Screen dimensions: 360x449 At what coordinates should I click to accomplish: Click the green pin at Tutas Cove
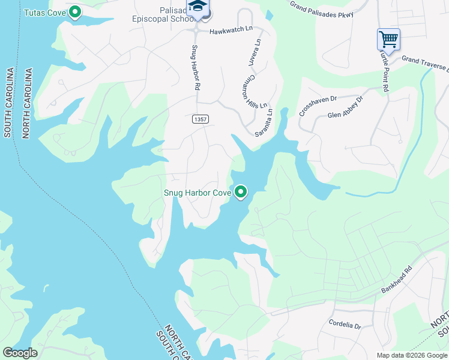(75, 11)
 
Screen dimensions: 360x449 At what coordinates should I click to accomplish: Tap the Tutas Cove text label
(45, 12)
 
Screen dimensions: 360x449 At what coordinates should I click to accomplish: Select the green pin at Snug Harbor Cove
(241, 192)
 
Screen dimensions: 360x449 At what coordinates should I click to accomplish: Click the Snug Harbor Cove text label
(197, 193)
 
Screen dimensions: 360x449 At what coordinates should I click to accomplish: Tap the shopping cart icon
(388, 40)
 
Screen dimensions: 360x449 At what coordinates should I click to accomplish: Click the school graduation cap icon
(196, 7)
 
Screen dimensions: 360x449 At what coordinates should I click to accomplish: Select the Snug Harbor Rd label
(196, 67)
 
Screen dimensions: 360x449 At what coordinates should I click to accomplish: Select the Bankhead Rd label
(398, 280)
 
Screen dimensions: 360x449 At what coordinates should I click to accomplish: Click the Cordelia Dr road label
(345, 325)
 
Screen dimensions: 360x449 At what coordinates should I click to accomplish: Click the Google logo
(20, 353)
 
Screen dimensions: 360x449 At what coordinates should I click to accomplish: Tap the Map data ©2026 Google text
(411, 355)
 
